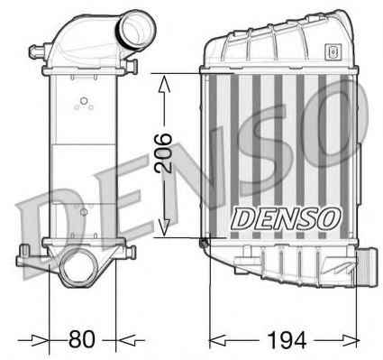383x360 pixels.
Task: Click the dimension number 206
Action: [x=164, y=152]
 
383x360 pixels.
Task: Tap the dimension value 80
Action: [x=82, y=339]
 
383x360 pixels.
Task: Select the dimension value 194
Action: [x=287, y=340]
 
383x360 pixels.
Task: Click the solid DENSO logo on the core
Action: [x=286, y=218]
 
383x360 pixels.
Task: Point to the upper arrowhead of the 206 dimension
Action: [x=164, y=84]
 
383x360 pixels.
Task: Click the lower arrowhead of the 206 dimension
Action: [x=164, y=227]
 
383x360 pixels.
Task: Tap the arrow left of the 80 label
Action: [x=33, y=340]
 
